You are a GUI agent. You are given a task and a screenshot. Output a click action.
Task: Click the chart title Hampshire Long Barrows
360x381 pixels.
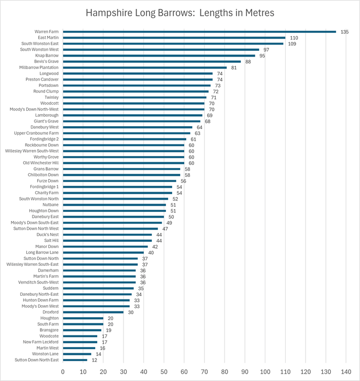coord(179,12)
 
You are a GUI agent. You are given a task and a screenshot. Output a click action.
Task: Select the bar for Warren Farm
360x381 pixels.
coord(199,32)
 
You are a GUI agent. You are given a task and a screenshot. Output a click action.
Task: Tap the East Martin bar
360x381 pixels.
coord(174,38)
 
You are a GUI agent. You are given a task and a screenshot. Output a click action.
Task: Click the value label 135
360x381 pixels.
coord(344,32)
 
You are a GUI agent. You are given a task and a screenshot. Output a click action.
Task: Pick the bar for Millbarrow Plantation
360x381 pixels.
coord(145,68)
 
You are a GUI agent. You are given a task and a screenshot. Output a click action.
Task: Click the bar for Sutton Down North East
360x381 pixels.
coord(75,360)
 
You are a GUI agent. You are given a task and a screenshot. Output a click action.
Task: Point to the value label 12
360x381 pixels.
coord(94,360)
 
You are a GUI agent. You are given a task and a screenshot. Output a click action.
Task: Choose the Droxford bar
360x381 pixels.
coord(94,312)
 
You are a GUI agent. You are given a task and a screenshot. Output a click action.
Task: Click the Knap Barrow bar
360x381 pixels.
coord(159,55)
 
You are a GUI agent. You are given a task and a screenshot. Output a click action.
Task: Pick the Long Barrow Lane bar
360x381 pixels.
coord(104,252)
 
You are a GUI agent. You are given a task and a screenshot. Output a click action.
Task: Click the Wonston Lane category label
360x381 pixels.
coord(46,354)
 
